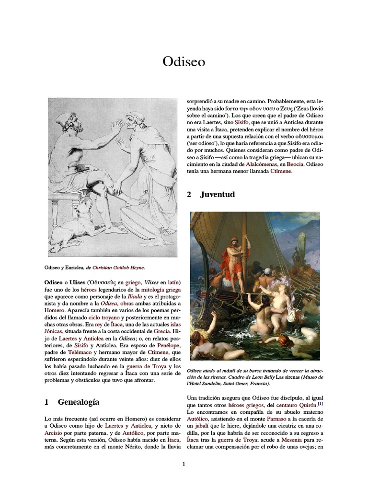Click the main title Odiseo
tap(184, 62)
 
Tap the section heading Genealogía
tap(78, 402)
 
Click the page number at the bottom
tap(184, 464)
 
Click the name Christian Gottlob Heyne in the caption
tap(118, 267)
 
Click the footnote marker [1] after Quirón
tap(320, 404)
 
